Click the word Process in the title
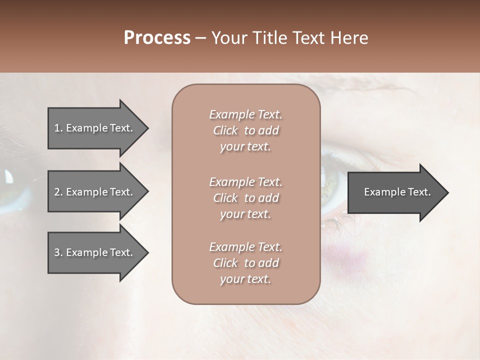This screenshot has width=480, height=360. pyautogui.click(x=157, y=38)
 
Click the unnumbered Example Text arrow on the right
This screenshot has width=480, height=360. pyautogui.click(x=397, y=192)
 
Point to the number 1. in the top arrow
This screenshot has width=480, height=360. pyautogui.click(x=58, y=128)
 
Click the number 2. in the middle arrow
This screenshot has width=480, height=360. pyautogui.click(x=58, y=192)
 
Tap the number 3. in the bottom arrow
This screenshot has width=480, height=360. pyautogui.click(x=58, y=252)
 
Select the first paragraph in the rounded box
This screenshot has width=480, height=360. pyautogui.click(x=245, y=130)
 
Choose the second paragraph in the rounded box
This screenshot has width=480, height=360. pyautogui.click(x=245, y=198)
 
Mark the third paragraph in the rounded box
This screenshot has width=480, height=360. pyautogui.click(x=245, y=263)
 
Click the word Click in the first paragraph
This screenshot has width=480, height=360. pyautogui.click(x=225, y=130)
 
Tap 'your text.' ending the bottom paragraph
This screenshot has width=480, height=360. pyautogui.click(x=245, y=279)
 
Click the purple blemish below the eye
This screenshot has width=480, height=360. pyautogui.click(x=357, y=260)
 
